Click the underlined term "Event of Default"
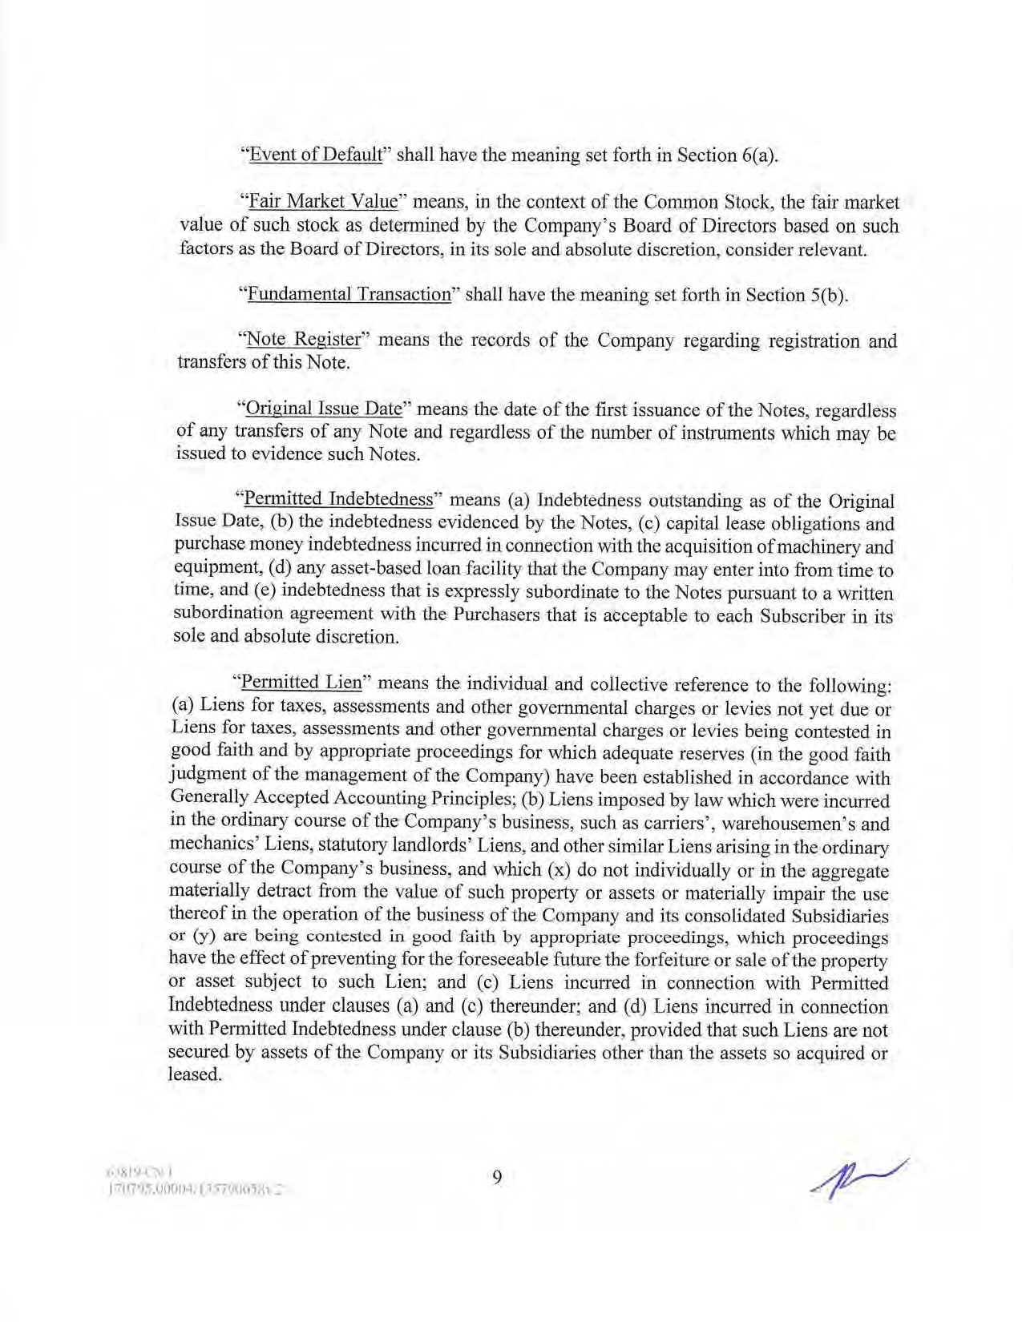pyautogui.click(x=315, y=155)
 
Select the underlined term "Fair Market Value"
pyautogui.click(x=323, y=201)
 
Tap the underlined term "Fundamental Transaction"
pyautogui.click(x=349, y=294)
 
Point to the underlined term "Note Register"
pyautogui.click(x=304, y=339)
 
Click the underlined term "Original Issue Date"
pyautogui.click(x=323, y=409)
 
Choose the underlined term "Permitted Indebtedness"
pyautogui.click(x=337, y=499)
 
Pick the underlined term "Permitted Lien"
pyautogui.click(x=301, y=683)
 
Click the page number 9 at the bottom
pyautogui.click(x=497, y=1176)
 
